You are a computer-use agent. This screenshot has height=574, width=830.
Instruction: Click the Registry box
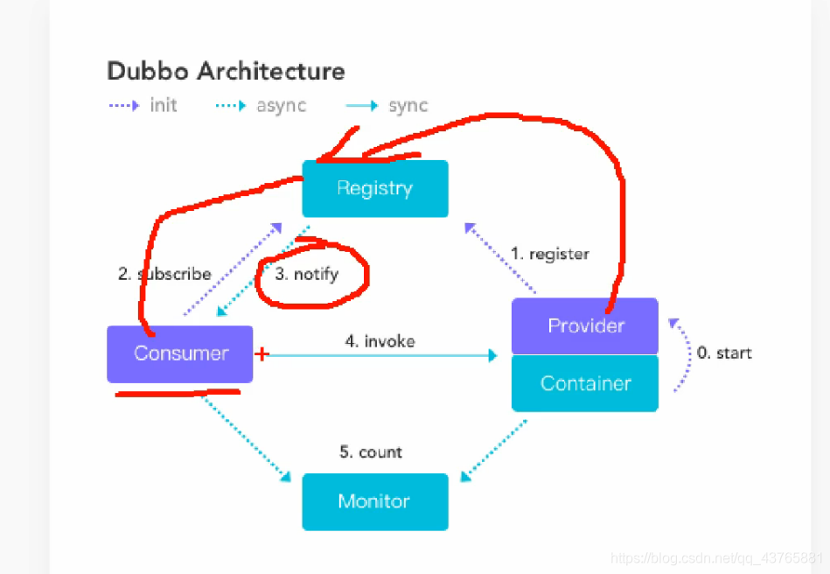pos(374,188)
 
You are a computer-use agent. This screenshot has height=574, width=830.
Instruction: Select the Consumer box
pos(180,353)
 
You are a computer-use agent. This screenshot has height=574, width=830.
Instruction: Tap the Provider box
pos(585,325)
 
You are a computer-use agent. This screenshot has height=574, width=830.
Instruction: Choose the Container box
pos(585,383)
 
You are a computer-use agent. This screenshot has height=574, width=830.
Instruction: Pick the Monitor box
pos(374,501)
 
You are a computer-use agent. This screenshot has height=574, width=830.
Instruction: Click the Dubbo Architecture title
pos(226,71)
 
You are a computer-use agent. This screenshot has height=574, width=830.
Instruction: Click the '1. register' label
pos(549,254)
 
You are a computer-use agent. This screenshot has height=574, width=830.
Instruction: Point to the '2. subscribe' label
pos(164,274)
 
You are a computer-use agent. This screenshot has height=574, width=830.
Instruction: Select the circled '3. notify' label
pos(306,274)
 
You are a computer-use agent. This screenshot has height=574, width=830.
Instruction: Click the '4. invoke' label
pos(380,341)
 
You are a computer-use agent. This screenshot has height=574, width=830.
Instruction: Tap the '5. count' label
pos(371,452)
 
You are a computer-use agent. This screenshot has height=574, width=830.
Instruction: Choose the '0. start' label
pos(723,353)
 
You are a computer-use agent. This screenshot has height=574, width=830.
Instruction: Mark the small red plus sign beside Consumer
pos(261,354)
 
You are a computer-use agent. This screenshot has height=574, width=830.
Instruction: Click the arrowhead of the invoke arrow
pos(492,355)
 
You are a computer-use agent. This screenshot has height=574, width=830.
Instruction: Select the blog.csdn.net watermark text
pos(716,558)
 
